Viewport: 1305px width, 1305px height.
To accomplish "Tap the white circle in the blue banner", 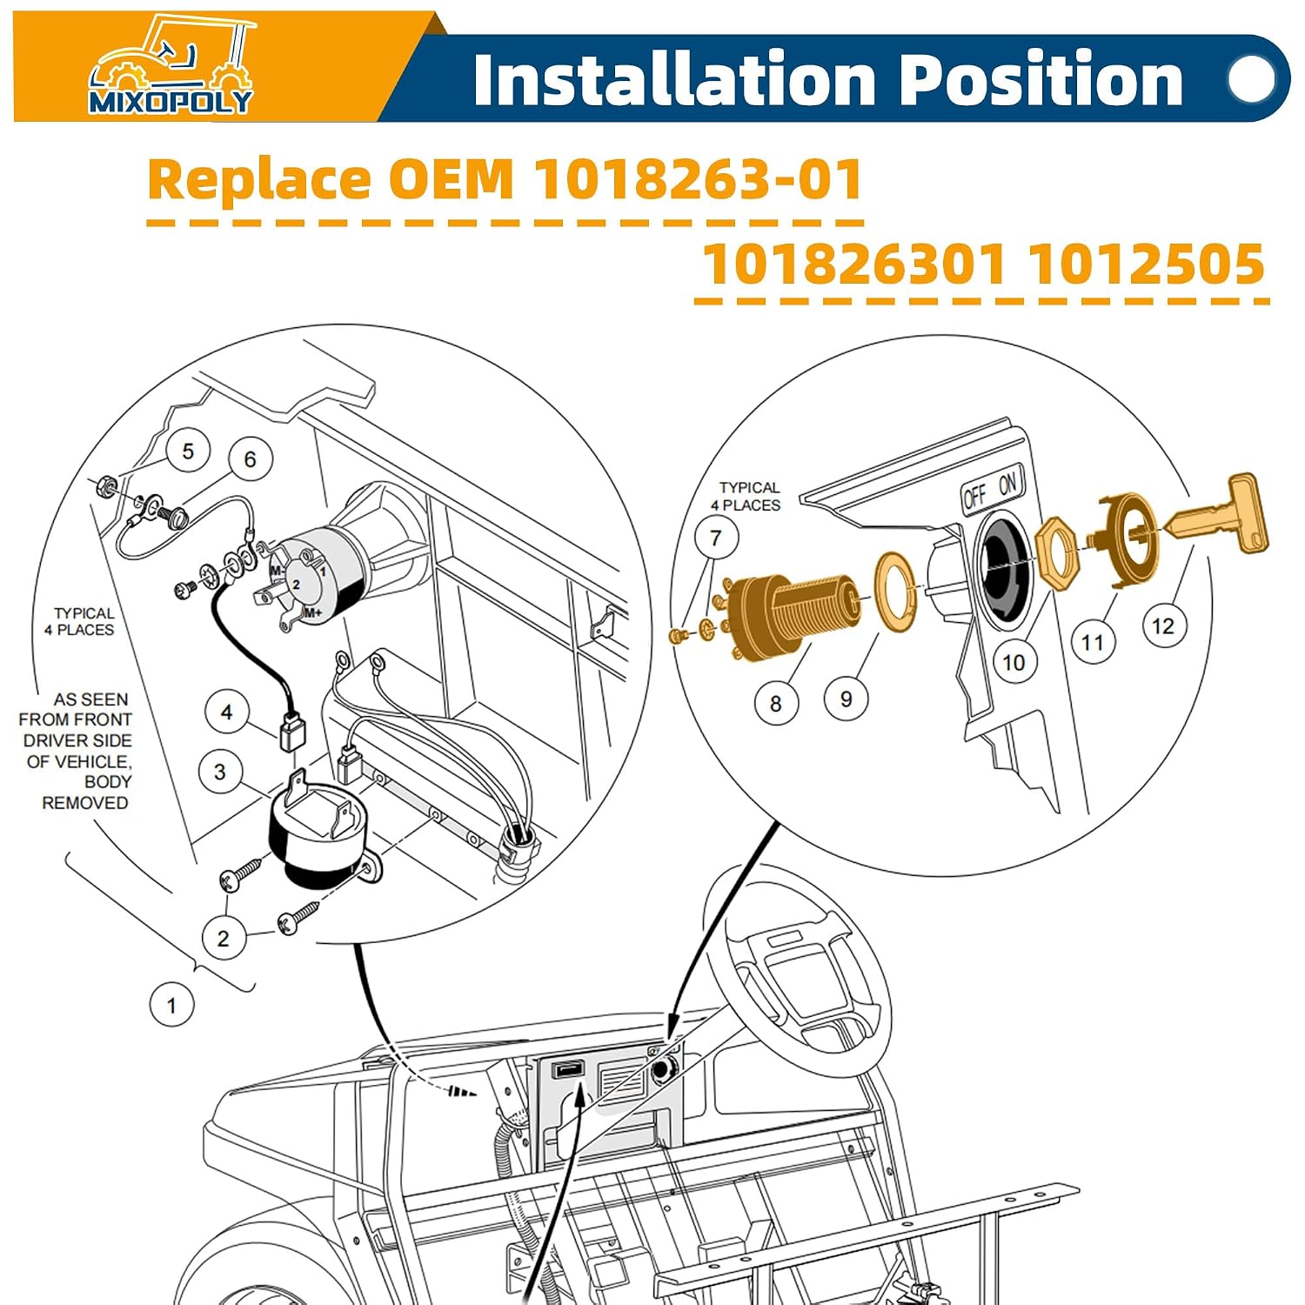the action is point(1251,79).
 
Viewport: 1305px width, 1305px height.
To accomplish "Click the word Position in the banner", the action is point(1040,81).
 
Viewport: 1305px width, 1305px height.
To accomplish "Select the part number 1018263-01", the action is point(698,179).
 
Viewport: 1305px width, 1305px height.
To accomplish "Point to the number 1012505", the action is point(1147,264).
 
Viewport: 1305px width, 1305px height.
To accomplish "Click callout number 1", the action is point(171,1005).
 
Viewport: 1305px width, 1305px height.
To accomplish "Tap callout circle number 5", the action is point(188,451).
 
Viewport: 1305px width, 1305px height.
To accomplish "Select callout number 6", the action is point(251,458).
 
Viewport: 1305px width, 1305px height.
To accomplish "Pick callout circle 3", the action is point(220,772).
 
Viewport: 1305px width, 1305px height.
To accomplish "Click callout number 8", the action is point(776,703).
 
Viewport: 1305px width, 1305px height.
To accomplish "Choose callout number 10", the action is point(1014,662).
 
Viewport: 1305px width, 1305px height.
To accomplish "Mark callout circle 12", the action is point(1163,626).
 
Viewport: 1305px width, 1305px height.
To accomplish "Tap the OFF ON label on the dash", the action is point(993,490).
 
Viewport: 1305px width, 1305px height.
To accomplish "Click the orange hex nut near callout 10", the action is point(1059,553).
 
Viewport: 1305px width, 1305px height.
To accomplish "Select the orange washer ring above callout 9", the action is point(895,590).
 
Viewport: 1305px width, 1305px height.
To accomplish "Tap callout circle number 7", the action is point(716,539).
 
